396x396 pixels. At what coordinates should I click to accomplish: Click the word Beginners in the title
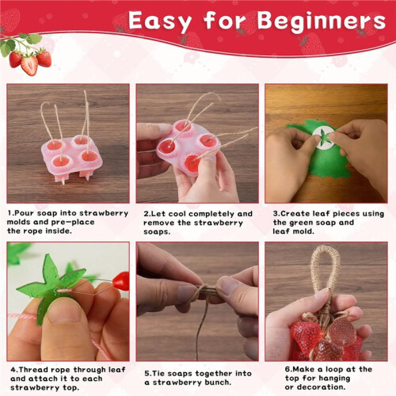click(322, 22)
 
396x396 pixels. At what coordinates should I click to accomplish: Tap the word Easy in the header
click(160, 21)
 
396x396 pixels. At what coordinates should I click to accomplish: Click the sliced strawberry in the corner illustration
click(29, 65)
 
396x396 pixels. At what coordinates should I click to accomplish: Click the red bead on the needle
click(121, 281)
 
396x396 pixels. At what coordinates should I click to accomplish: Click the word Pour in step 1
click(25, 213)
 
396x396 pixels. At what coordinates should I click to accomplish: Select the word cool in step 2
click(177, 214)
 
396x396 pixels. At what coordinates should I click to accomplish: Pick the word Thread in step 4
click(34, 370)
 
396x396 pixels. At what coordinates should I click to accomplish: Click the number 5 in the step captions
click(147, 374)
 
